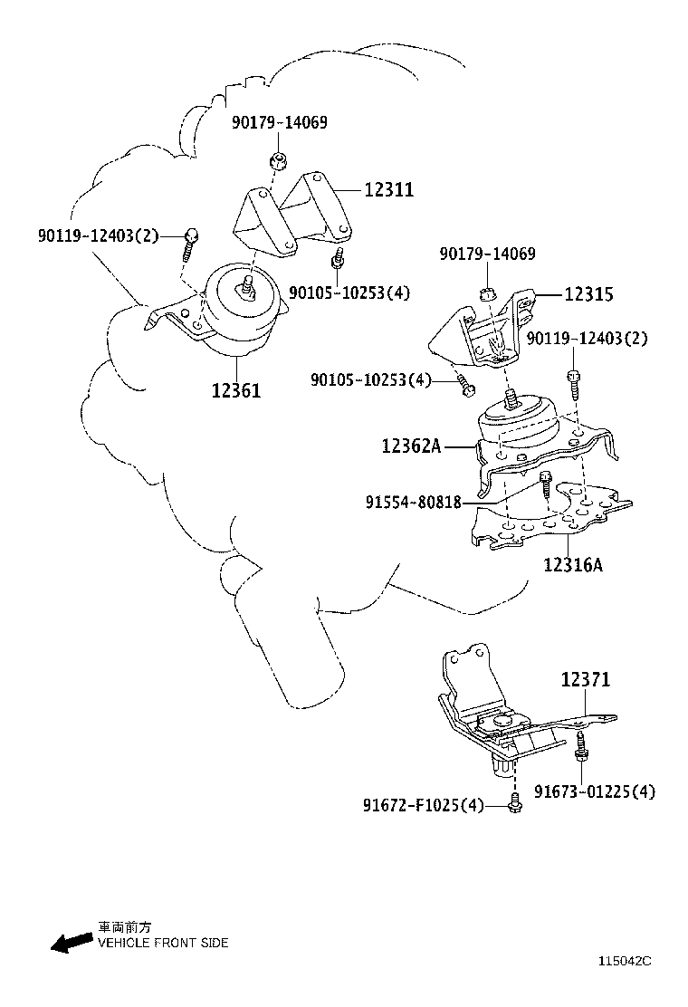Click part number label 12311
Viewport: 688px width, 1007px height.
(x=389, y=190)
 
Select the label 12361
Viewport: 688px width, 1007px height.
(x=236, y=391)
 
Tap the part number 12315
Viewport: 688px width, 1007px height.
(x=588, y=294)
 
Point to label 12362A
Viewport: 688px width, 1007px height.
(x=410, y=446)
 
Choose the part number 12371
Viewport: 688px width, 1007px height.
(x=585, y=679)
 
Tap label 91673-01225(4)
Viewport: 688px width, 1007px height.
(x=594, y=791)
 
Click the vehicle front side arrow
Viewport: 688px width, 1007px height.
(x=71, y=944)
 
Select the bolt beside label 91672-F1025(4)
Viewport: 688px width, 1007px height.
(x=515, y=803)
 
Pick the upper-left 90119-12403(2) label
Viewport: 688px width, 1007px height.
(x=98, y=236)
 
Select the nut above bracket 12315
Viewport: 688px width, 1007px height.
(x=485, y=293)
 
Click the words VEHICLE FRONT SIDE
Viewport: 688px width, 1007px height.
(x=163, y=943)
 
